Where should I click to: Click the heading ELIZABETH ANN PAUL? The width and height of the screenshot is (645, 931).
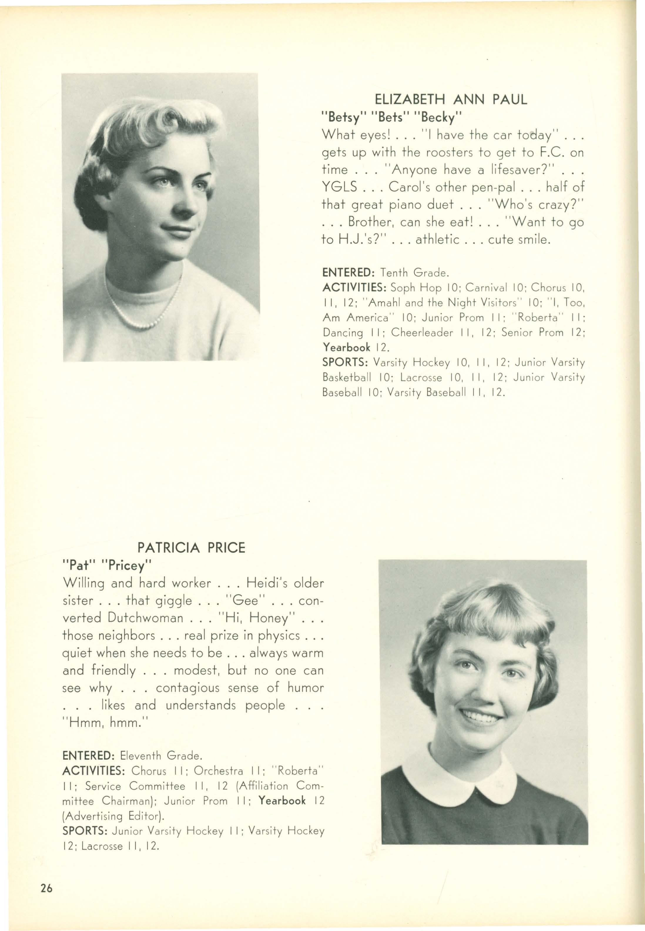coord(451,99)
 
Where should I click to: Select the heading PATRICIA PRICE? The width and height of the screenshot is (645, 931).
coord(191,548)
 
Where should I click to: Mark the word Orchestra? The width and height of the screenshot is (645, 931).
coord(218,770)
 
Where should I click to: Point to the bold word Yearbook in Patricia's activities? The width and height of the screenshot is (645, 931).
coord(282,800)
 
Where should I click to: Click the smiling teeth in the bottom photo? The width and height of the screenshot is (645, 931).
coord(481,717)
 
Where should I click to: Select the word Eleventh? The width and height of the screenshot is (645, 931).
coord(141,755)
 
